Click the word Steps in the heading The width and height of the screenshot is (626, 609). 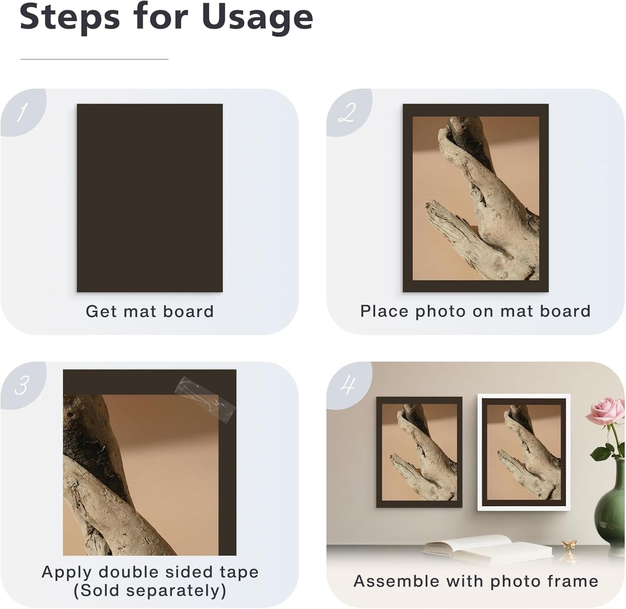(69, 17)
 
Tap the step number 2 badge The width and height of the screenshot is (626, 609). (347, 113)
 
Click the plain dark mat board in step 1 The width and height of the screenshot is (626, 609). (149, 198)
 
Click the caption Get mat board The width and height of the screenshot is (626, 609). (149, 311)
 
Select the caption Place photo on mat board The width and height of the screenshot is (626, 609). (475, 311)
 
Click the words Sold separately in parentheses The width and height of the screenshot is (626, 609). (149, 591)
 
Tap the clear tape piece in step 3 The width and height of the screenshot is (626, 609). (204, 398)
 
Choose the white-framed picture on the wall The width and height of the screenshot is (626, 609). (524, 452)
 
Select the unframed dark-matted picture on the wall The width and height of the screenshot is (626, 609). (419, 452)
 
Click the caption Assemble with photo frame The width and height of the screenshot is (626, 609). (475, 581)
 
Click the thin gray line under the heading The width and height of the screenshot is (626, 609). (94, 59)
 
